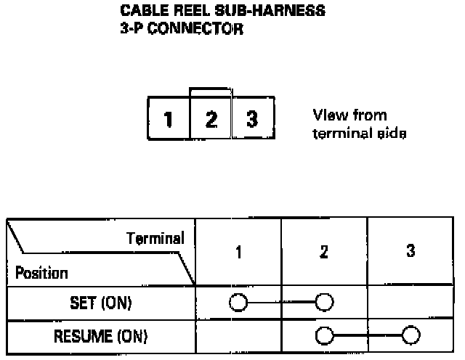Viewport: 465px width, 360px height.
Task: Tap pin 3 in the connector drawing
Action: (252, 118)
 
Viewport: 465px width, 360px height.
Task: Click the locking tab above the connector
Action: (210, 92)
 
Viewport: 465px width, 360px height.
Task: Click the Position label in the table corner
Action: (41, 274)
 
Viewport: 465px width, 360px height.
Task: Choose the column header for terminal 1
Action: (238, 252)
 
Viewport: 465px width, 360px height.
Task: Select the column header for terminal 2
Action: (324, 252)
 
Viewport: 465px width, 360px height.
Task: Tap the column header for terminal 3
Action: (411, 251)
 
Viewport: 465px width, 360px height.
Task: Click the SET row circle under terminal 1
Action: (238, 302)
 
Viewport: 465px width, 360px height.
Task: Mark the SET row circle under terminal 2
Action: (324, 302)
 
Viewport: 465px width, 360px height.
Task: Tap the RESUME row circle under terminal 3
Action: (411, 335)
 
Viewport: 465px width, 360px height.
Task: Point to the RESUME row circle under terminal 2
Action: (324, 335)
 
